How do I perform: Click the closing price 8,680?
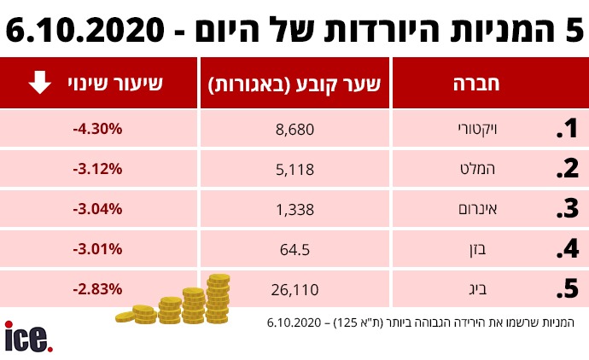(295, 129)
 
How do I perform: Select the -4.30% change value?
(98, 129)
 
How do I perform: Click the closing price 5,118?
(295, 169)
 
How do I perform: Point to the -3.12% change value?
(98, 169)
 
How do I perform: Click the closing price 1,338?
(295, 209)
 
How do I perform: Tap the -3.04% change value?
(98, 209)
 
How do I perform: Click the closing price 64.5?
(295, 249)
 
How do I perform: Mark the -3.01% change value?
(98, 249)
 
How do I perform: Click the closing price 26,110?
(295, 289)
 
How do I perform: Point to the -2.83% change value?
(98, 289)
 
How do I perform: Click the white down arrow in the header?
(39, 83)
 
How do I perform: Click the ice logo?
(28, 337)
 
